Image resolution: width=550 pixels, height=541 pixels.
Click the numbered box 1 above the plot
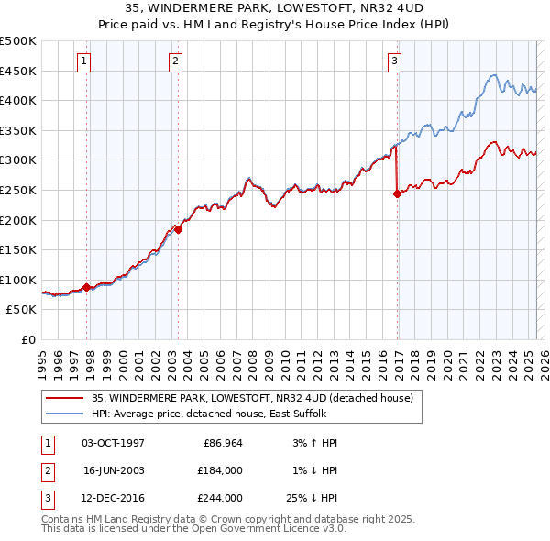pyautogui.click(x=83, y=61)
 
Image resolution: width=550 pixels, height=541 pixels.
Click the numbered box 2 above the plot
pyautogui.click(x=174, y=61)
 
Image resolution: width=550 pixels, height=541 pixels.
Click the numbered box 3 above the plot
pyautogui.click(x=394, y=61)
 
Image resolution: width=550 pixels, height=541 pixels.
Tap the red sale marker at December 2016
pyautogui.click(x=397, y=193)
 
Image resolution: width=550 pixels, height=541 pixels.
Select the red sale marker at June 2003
pyautogui.click(x=179, y=229)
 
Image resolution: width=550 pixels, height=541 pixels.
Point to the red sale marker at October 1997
pyautogui.click(x=87, y=287)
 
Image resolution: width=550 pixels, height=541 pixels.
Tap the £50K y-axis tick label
pyautogui.click(x=22, y=310)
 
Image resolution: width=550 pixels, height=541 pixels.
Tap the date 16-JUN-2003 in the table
pyautogui.click(x=114, y=470)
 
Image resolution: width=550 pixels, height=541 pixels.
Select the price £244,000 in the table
pyautogui.click(x=220, y=498)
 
